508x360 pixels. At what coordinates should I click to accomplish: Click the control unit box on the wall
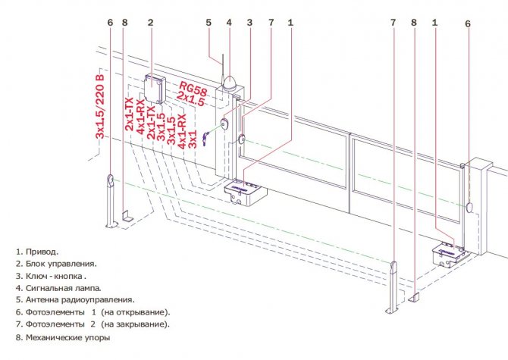click(x=155, y=89)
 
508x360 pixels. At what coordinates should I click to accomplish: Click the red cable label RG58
click(x=193, y=89)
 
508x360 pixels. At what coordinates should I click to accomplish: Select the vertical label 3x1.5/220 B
click(x=101, y=107)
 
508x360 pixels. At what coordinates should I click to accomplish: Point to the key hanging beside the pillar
click(x=205, y=139)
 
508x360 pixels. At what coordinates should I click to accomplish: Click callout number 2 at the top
click(x=150, y=22)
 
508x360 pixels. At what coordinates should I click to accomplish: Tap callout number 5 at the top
click(x=209, y=22)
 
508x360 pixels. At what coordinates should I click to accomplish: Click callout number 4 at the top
click(x=229, y=22)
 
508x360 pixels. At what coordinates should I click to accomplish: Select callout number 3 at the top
click(x=249, y=22)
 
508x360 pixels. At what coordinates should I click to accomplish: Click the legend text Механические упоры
click(x=67, y=338)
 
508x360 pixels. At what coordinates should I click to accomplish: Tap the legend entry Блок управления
click(x=61, y=265)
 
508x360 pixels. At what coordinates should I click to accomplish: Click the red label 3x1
click(x=193, y=139)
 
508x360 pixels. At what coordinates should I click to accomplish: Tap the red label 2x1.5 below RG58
click(x=191, y=99)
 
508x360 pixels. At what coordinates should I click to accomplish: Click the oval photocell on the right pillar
click(x=470, y=207)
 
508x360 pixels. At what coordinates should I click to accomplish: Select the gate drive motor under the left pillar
click(x=245, y=193)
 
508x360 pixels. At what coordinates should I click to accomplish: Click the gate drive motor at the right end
click(x=450, y=255)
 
